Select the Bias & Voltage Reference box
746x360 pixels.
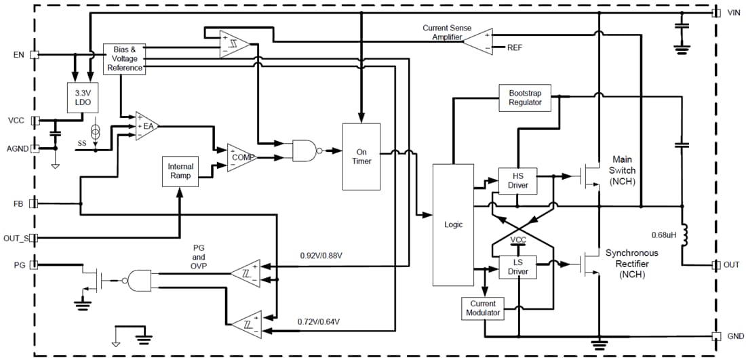click(124, 59)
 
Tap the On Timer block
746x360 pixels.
click(361, 157)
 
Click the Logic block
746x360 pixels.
click(452, 224)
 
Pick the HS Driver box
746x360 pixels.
click(517, 180)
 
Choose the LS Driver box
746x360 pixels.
click(517, 267)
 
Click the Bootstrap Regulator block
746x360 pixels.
click(525, 97)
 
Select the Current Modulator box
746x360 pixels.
click(483, 308)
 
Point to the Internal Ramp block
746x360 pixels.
click(180, 171)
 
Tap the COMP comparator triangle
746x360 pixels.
click(240, 157)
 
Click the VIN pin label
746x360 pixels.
click(733, 13)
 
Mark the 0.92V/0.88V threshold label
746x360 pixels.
click(321, 256)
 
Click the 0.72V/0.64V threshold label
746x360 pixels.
click(319, 321)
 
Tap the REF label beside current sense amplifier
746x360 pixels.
click(515, 47)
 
